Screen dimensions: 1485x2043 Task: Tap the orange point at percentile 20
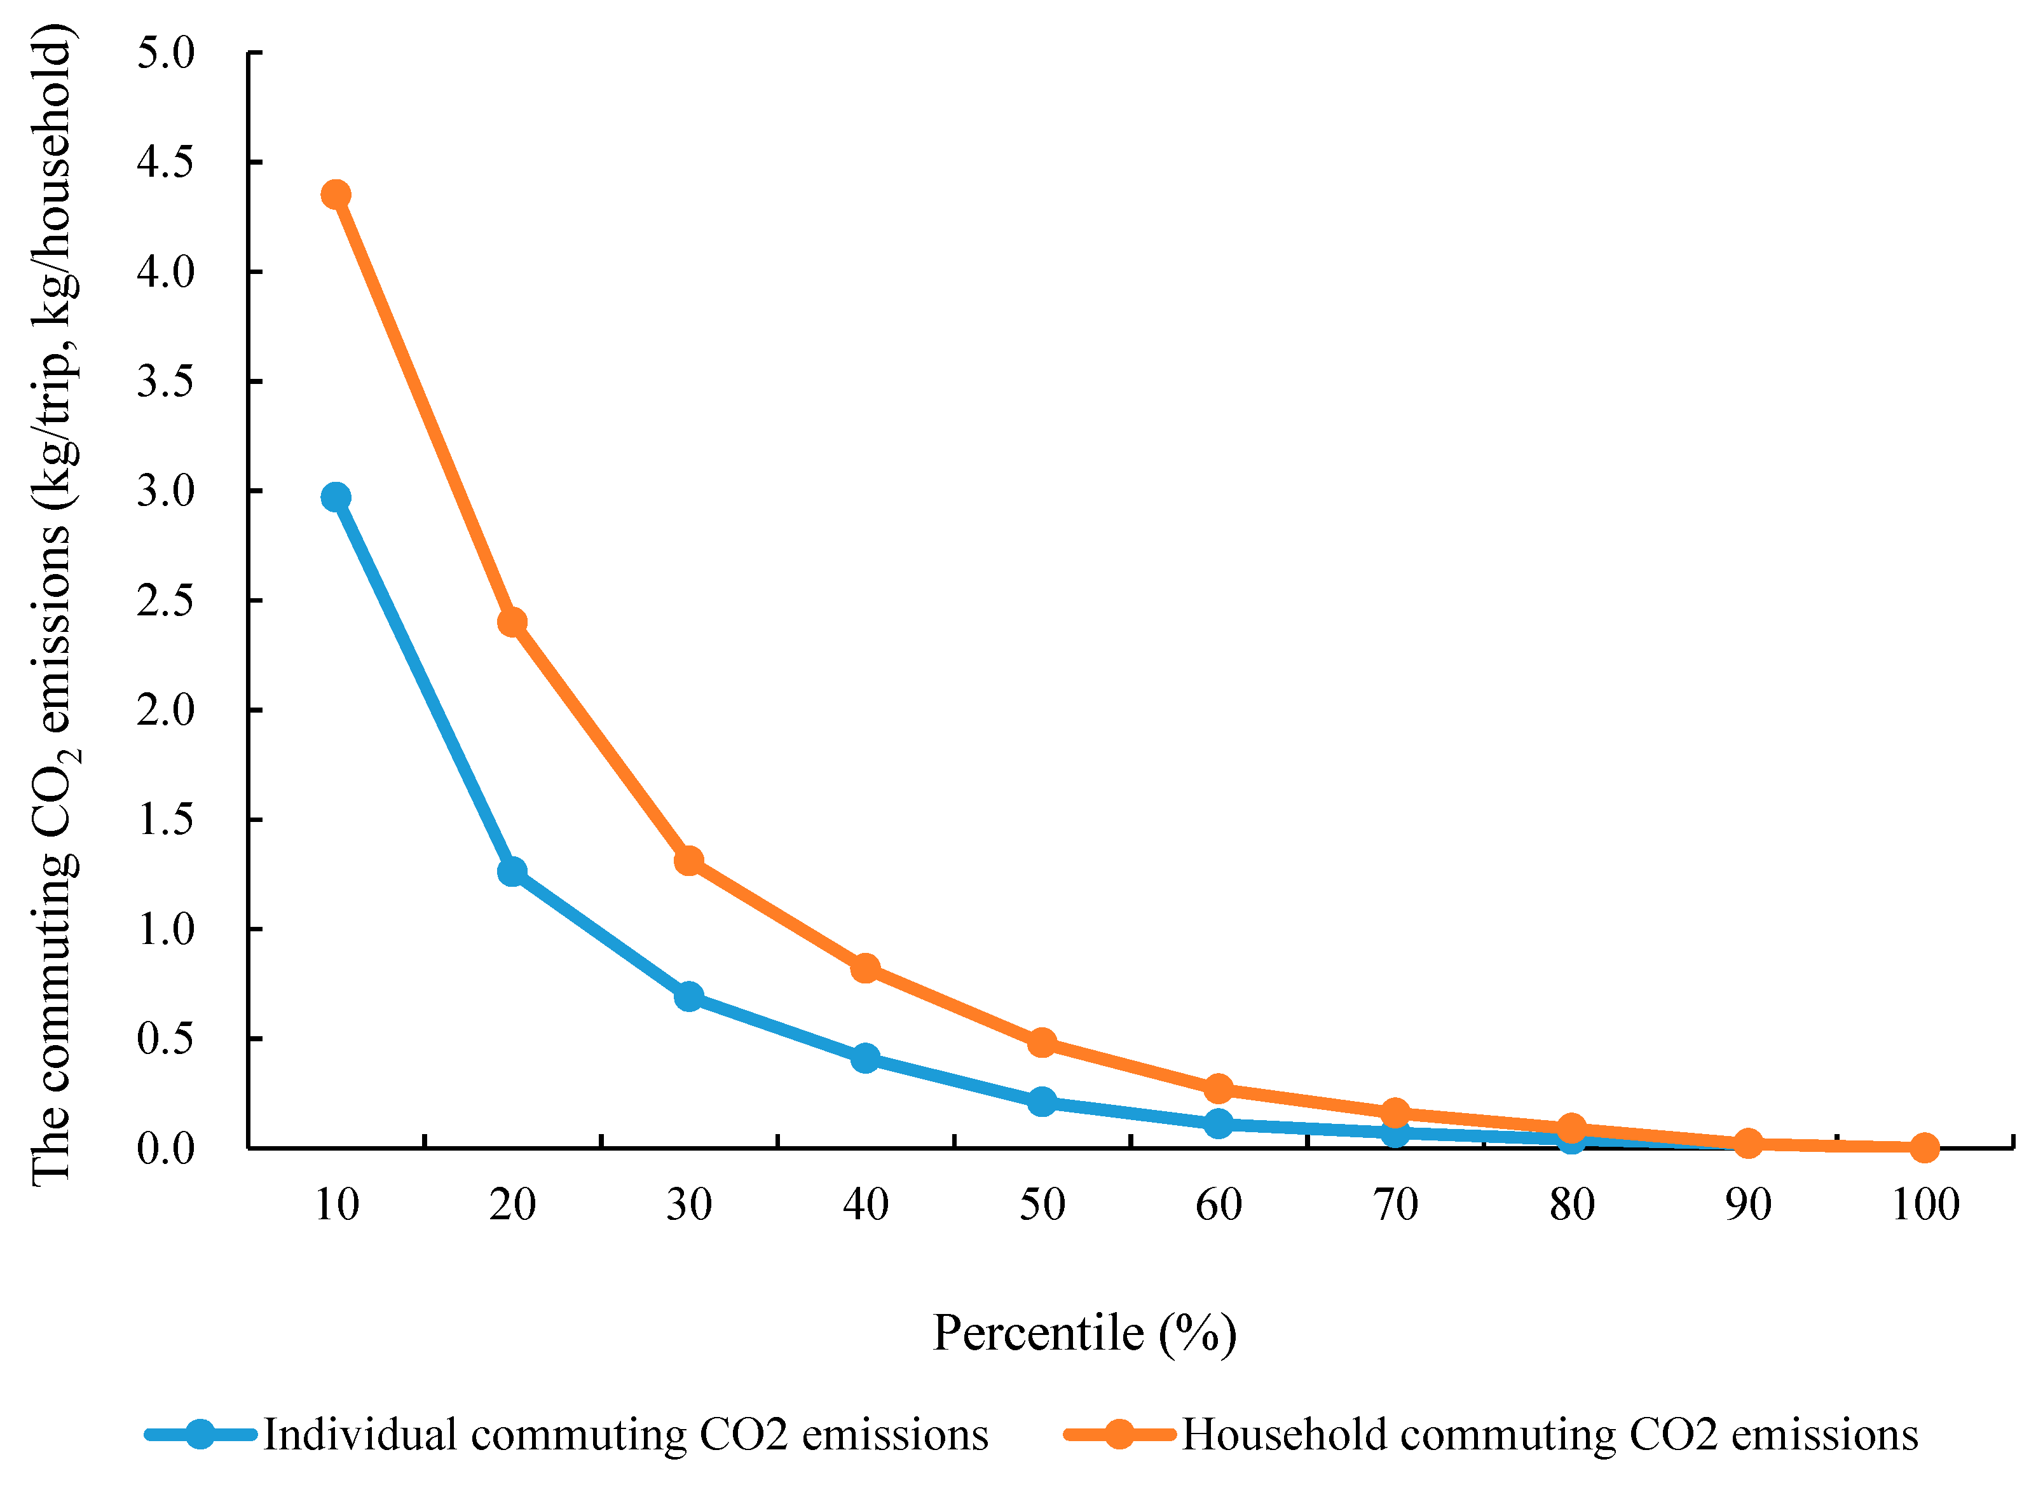coord(512,622)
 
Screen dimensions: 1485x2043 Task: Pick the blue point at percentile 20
coord(512,872)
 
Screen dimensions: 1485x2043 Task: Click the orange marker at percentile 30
coord(689,861)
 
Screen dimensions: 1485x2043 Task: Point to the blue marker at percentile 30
coord(689,997)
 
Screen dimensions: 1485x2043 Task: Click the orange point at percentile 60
coord(1219,1088)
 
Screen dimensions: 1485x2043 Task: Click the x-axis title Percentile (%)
coord(1084,1334)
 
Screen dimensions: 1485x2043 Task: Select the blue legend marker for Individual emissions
coord(200,1434)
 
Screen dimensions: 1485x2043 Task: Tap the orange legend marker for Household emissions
coord(1119,1434)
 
